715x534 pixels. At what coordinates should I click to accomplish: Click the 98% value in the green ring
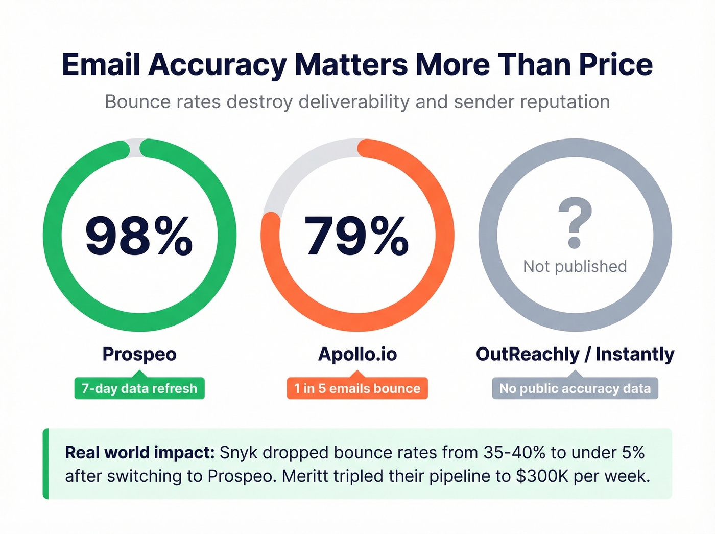(x=139, y=236)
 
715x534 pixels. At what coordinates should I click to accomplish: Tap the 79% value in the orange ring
(x=356, y=236)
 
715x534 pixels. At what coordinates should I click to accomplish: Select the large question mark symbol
(x=575, y=223)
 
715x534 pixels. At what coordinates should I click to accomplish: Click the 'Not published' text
(x=575, y=266)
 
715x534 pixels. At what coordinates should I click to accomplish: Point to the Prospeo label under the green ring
(x=139, y=354)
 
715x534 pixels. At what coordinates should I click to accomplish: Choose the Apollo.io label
(x=357, y=354)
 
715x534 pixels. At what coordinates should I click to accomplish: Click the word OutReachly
(x=528, y=354)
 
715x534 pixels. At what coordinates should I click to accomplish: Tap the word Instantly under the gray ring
(x=635, y=354)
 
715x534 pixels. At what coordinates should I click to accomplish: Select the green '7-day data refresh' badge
(x=139, y=388)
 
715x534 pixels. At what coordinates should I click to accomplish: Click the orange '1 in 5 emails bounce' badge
(x=357, y=388)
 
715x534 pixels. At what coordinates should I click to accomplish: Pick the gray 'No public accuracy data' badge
(x=575, y=388)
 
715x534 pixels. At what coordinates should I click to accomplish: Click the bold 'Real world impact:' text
(x=139, y=452)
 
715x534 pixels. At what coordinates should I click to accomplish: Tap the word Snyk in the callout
(x=239, y=452)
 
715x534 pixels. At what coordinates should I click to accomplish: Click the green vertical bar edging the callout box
(x=46, y=463)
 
